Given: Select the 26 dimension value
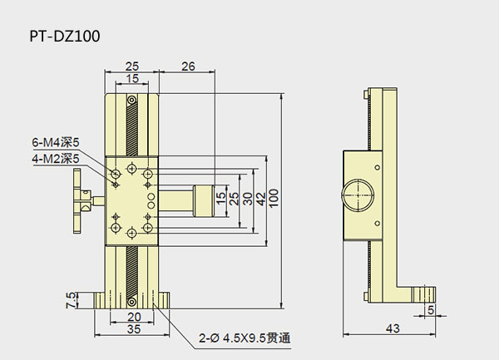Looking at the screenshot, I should tap(187, 67).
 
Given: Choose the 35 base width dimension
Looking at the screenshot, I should tap(132, 329).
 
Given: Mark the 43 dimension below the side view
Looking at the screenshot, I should tap(390, 330).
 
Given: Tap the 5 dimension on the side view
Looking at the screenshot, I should tap(430, 310).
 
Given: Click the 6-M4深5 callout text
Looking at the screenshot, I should tap(55, 142).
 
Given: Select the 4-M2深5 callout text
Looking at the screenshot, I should tap(55, 157).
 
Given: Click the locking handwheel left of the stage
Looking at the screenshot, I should tap(82, 200).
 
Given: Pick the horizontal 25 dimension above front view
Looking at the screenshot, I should tap(131, 67).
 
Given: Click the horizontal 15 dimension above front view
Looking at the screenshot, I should tap(131, 79).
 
